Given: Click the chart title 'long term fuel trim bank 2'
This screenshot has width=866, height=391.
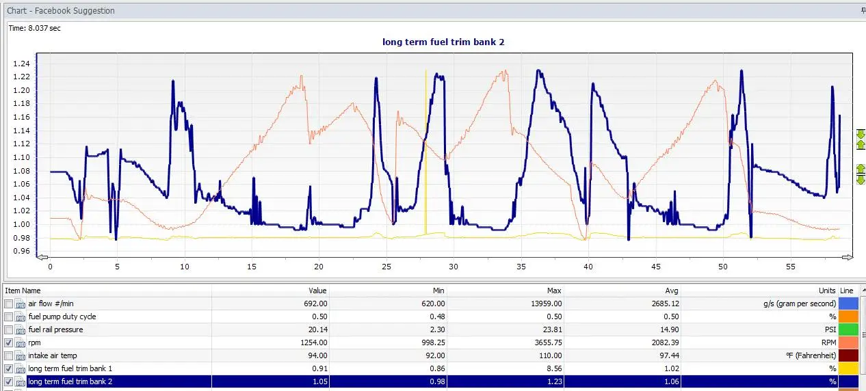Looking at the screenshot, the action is (443, 42).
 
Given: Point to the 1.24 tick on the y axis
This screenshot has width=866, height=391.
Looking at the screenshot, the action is (21, 64).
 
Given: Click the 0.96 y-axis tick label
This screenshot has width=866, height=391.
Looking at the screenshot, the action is (21, 251).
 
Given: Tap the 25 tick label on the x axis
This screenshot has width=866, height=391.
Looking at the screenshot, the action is (386, 267).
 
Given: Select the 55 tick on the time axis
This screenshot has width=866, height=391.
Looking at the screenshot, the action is (791, 267).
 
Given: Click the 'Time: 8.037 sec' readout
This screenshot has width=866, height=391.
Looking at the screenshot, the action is (34, 28).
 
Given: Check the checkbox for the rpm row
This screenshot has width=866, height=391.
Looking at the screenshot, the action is (8, 342).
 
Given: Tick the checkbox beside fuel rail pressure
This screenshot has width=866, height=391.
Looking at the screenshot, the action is (8, 329).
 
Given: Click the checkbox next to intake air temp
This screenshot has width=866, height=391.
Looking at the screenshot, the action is (8, 355).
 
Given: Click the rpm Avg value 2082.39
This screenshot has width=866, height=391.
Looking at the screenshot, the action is (665, 342).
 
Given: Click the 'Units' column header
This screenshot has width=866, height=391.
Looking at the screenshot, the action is (827, 291).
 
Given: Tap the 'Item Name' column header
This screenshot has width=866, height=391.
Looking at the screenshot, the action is (23, 291).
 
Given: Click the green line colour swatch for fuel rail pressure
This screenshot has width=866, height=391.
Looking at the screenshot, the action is (848, 329).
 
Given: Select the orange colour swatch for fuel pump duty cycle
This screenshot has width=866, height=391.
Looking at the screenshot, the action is (848, 316).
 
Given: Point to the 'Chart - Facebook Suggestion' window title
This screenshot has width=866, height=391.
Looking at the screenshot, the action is (61, 11).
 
